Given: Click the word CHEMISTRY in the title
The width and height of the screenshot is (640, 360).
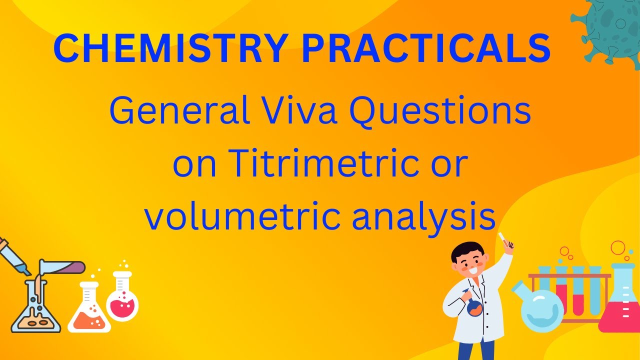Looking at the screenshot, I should (x=170, y=48).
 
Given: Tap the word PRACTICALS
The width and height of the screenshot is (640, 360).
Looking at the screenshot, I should (x=426, y=48).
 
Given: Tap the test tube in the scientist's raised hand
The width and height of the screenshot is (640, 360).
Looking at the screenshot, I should (x=504, y=241).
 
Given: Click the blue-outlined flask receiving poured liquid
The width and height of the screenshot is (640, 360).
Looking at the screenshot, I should (x=36, y=310).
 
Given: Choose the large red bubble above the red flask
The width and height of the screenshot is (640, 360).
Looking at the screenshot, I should (x=618, y=247).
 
